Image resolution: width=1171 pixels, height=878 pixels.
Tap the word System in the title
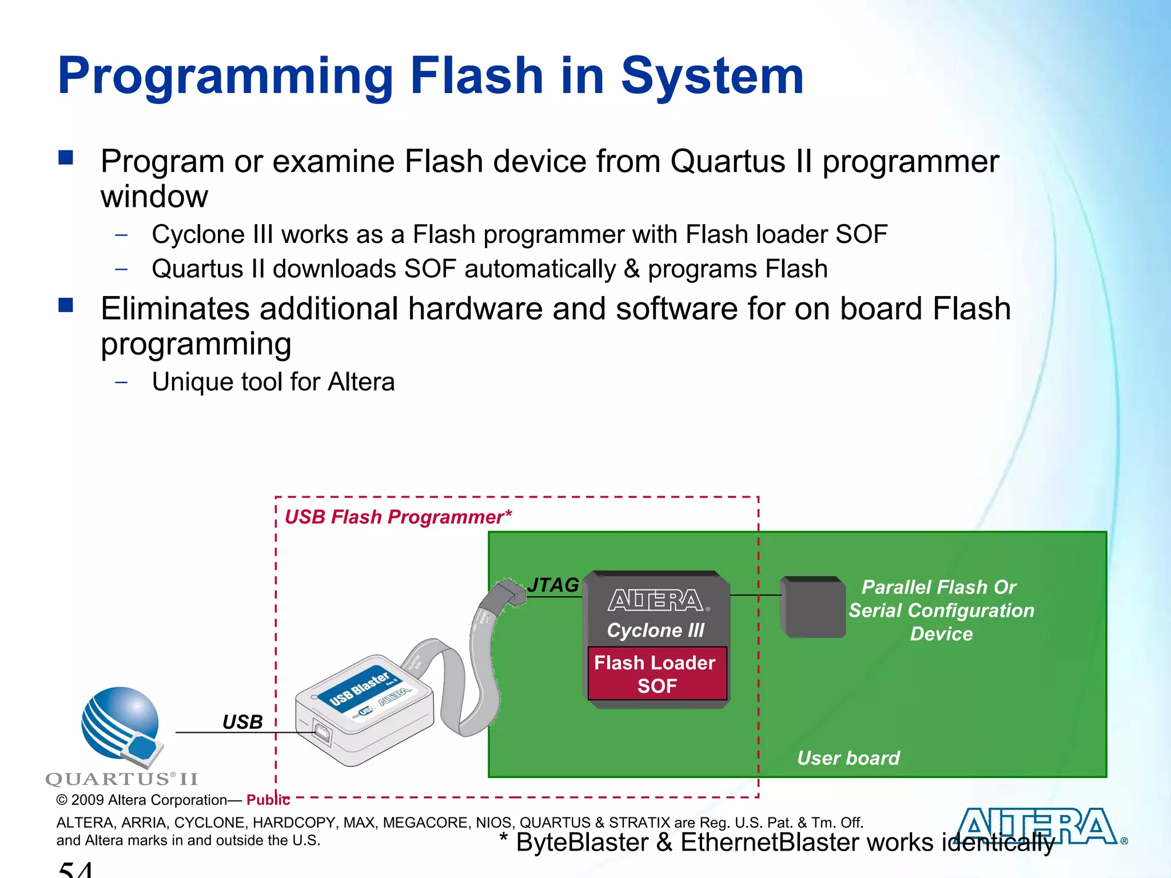(x=712, y=77)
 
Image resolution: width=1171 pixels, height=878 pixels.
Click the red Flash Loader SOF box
(x=657, y=674)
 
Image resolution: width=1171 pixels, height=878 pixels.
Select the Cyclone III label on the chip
(x=656, y=630)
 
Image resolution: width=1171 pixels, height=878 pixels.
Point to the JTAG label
(x=553, y=585)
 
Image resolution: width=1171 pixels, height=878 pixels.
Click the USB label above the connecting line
(x=242, y=722)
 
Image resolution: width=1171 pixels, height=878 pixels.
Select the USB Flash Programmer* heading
(x=398, y=517)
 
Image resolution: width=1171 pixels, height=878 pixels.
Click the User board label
(x=849, y=758)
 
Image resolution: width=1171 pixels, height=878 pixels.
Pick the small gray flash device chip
(x=812, y=608)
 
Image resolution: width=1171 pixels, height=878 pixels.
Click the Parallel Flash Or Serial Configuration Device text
(x=941, y=610)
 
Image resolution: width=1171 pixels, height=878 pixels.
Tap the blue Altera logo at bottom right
(x=1038, y=827)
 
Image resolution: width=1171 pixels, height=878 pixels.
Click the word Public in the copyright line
(x=268, y=800)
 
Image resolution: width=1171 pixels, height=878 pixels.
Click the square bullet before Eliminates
(x=66, y=305)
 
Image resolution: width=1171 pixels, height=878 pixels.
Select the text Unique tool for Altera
(x=273, y=382)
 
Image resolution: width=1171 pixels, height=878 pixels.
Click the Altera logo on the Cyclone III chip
(x=656, y=601)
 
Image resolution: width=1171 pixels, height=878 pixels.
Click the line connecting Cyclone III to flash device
(x=755, y=595)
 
